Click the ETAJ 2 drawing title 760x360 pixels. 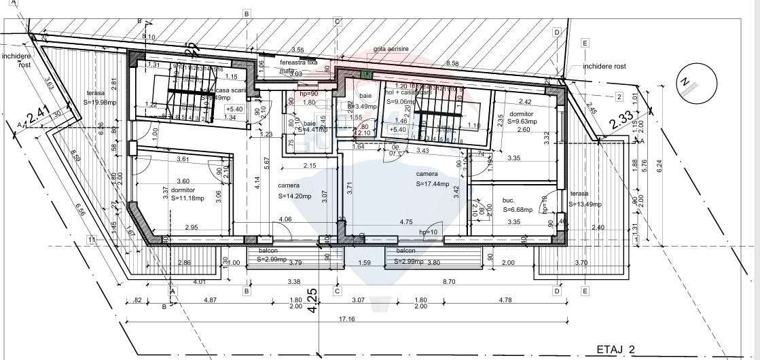(615, 349)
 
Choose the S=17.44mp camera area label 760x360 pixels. (437, 183)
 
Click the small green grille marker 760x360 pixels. (367, 74)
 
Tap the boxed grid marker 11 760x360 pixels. (91, 239)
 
